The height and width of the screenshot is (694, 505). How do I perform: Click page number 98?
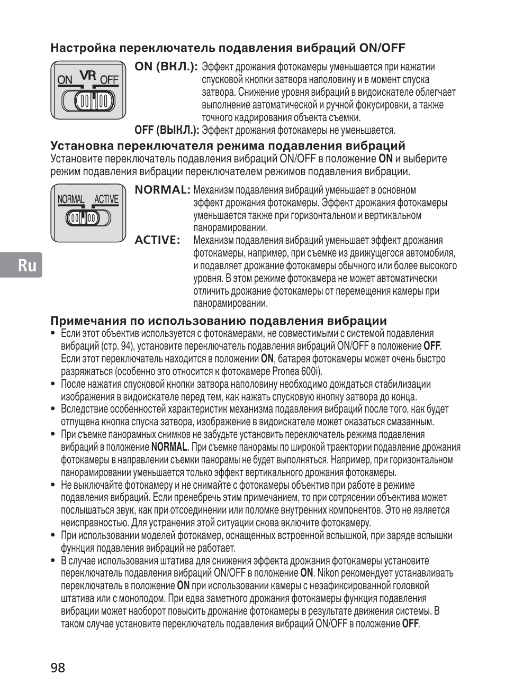pos(58,668)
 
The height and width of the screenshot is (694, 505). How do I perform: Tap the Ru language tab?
pos(28,265)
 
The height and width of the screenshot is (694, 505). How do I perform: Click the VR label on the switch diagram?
pos(88,76)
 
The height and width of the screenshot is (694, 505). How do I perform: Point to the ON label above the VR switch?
pos(65,80)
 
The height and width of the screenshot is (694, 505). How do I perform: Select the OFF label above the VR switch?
pos(109,80)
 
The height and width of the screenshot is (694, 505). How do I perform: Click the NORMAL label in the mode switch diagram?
pos(70,199)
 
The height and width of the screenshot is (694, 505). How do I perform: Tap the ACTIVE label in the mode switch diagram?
pos(106,199)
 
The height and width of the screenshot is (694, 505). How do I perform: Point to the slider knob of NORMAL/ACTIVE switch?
pos(83,218)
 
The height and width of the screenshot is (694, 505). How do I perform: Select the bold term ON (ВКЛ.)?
pos(166,67)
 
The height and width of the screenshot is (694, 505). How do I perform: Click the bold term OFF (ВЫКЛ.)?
pos(166,130)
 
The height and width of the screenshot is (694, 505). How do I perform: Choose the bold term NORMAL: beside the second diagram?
pos(162,190)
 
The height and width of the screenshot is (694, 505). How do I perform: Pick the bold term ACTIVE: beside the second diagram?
pos(157,240)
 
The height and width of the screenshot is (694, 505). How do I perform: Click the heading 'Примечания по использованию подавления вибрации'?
pos(219,321)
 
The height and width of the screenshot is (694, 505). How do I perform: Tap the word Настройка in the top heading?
pos(82,48)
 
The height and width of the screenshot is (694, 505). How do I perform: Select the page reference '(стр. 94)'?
pos(118,346)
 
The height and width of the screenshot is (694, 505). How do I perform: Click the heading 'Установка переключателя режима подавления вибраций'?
pos(228,146)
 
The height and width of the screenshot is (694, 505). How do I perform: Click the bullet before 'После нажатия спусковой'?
pos(53,384)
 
